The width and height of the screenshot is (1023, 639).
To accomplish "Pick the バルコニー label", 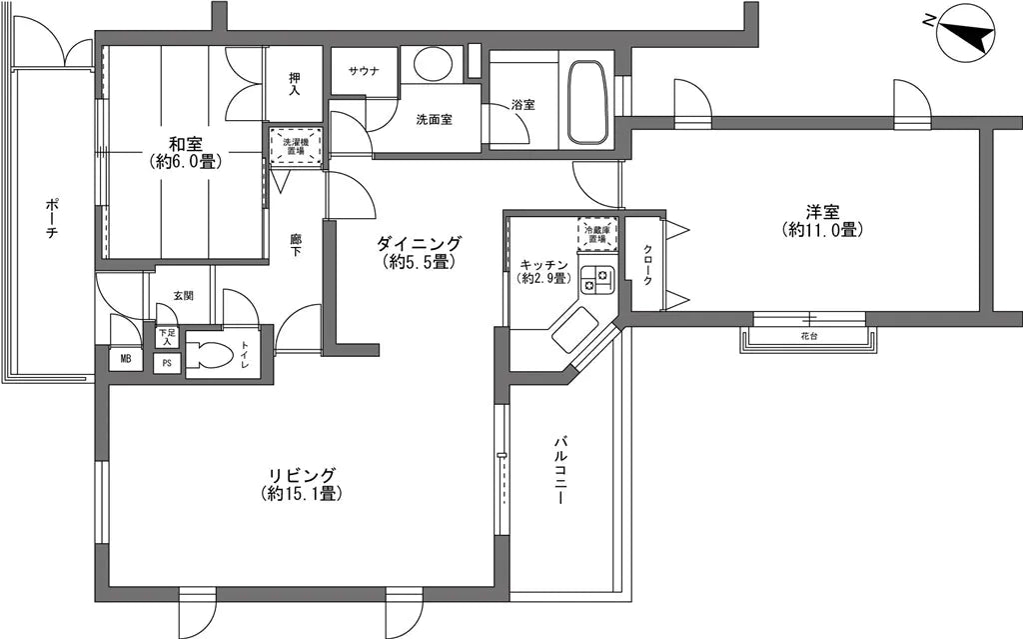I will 561,470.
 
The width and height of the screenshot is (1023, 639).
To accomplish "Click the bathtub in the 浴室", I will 589,103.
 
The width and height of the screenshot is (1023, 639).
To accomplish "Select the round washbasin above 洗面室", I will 432,65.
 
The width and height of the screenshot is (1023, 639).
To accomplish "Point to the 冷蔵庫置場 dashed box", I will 597,234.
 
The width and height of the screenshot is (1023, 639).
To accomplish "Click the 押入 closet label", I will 295,83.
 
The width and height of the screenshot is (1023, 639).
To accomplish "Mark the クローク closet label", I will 647,265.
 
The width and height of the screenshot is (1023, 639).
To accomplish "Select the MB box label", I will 125,359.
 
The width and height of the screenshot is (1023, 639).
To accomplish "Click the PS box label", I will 167,363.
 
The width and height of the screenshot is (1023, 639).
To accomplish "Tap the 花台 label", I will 809,337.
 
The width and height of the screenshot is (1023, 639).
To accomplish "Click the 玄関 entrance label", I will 184,295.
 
